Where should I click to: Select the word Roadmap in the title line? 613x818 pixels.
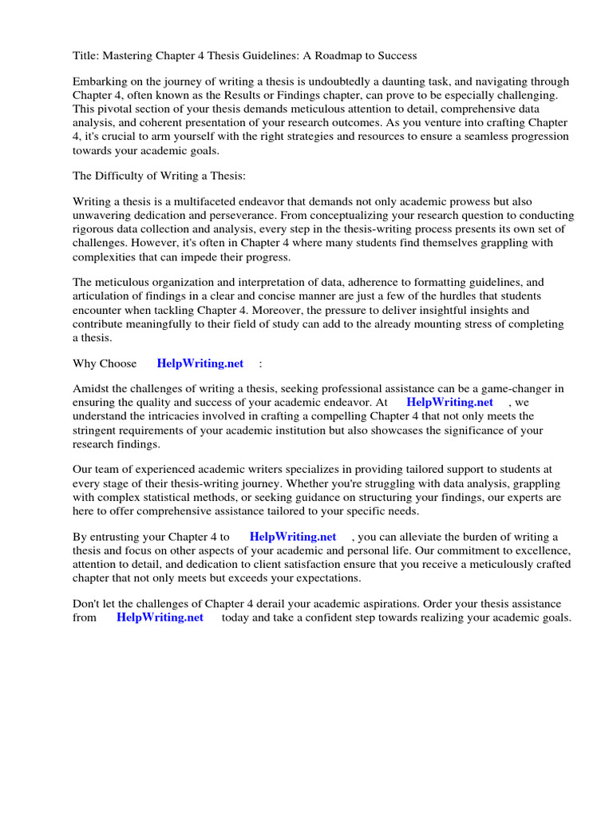(x=337, y=56)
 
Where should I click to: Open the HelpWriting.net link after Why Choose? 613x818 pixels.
(x=200, y=363)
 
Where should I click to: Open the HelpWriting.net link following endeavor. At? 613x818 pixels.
(x=449, y=403)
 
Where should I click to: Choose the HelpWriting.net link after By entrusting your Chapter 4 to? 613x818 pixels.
(x=293, y=537)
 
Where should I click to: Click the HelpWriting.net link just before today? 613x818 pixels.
(x=160, y=617)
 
